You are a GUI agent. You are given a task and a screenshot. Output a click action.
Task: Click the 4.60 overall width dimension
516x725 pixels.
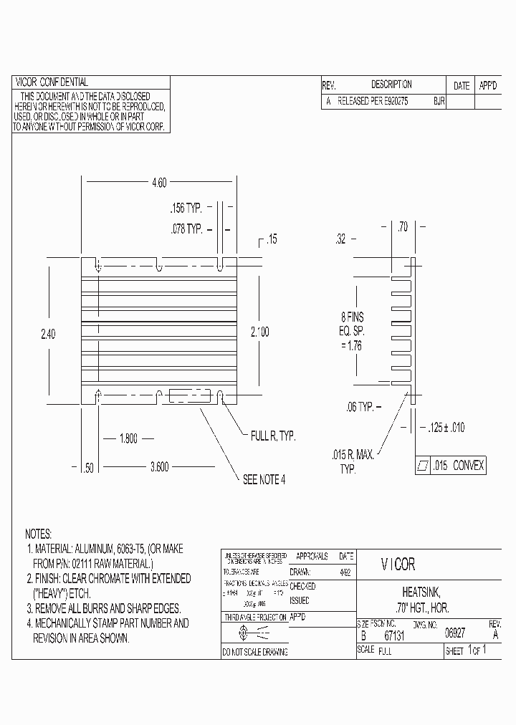click(x=158, y=183)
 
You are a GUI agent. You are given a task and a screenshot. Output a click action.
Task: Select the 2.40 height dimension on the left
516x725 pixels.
click(x=49, y=334)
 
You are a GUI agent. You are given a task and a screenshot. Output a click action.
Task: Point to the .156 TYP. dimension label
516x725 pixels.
click(x=186, y=208)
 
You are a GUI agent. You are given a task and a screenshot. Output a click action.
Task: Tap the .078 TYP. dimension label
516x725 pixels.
click(x=186, y=229)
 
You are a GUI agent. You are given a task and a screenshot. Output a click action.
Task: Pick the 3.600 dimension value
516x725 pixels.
click(x=159, y=466)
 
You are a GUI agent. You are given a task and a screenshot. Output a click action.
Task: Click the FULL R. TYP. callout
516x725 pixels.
click(x=272, y=436)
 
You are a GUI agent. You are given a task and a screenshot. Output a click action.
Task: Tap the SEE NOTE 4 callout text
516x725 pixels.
click(x=264, y=479)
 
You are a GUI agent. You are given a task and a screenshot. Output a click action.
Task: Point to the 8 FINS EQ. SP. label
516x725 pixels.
click(x=352, y=332)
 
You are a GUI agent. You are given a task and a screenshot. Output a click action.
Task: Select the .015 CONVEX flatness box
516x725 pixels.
click(x=451, y=466)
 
